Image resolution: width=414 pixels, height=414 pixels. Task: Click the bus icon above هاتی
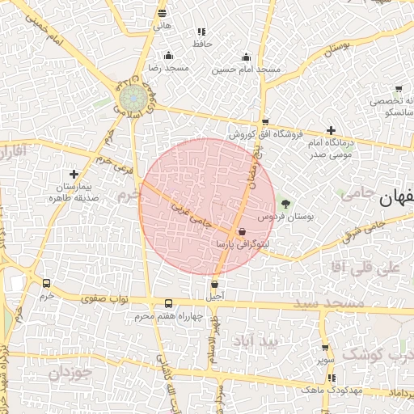163,13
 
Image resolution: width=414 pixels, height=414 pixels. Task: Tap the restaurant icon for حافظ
201,32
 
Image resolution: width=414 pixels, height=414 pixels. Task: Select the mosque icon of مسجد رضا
168,56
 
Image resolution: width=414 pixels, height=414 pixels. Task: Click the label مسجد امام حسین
247,70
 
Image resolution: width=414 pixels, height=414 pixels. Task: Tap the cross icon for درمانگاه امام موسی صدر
331,130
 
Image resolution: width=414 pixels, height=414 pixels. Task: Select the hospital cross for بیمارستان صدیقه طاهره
74,174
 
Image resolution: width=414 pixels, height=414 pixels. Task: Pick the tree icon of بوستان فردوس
284,203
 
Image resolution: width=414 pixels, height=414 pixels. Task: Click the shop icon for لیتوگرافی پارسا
243,231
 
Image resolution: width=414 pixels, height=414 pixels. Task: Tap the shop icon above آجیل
214,284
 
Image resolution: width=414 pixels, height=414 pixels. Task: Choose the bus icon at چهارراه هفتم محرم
168,303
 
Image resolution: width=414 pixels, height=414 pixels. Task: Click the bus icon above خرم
46,284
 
